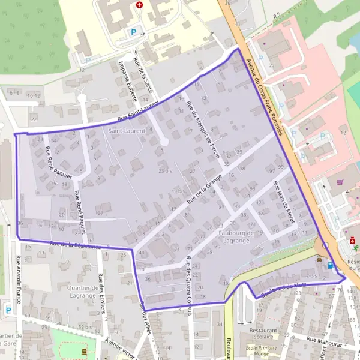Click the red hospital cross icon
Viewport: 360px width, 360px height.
coord(140,4)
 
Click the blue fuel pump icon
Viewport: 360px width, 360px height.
coord(329,265)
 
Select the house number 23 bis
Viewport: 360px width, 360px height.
coord(165,171)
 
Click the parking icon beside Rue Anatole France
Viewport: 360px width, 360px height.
coord(8,310)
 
